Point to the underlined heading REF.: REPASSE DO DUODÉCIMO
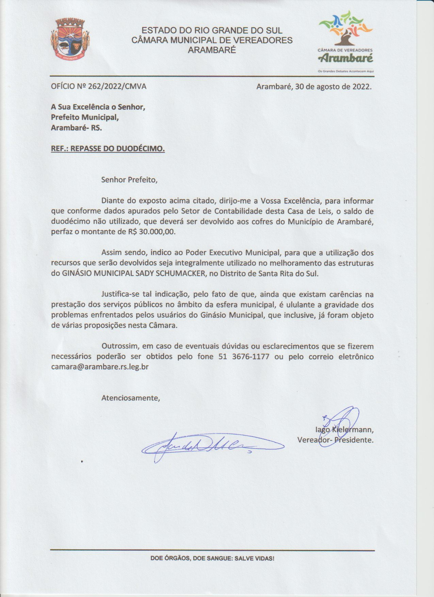(108, 149)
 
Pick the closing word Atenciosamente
(130, 397)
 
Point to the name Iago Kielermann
(344, 429)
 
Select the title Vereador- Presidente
(335, 440)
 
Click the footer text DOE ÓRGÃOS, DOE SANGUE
(212, 559)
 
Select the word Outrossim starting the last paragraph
(118, 346)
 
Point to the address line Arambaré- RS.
(76, 128)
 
